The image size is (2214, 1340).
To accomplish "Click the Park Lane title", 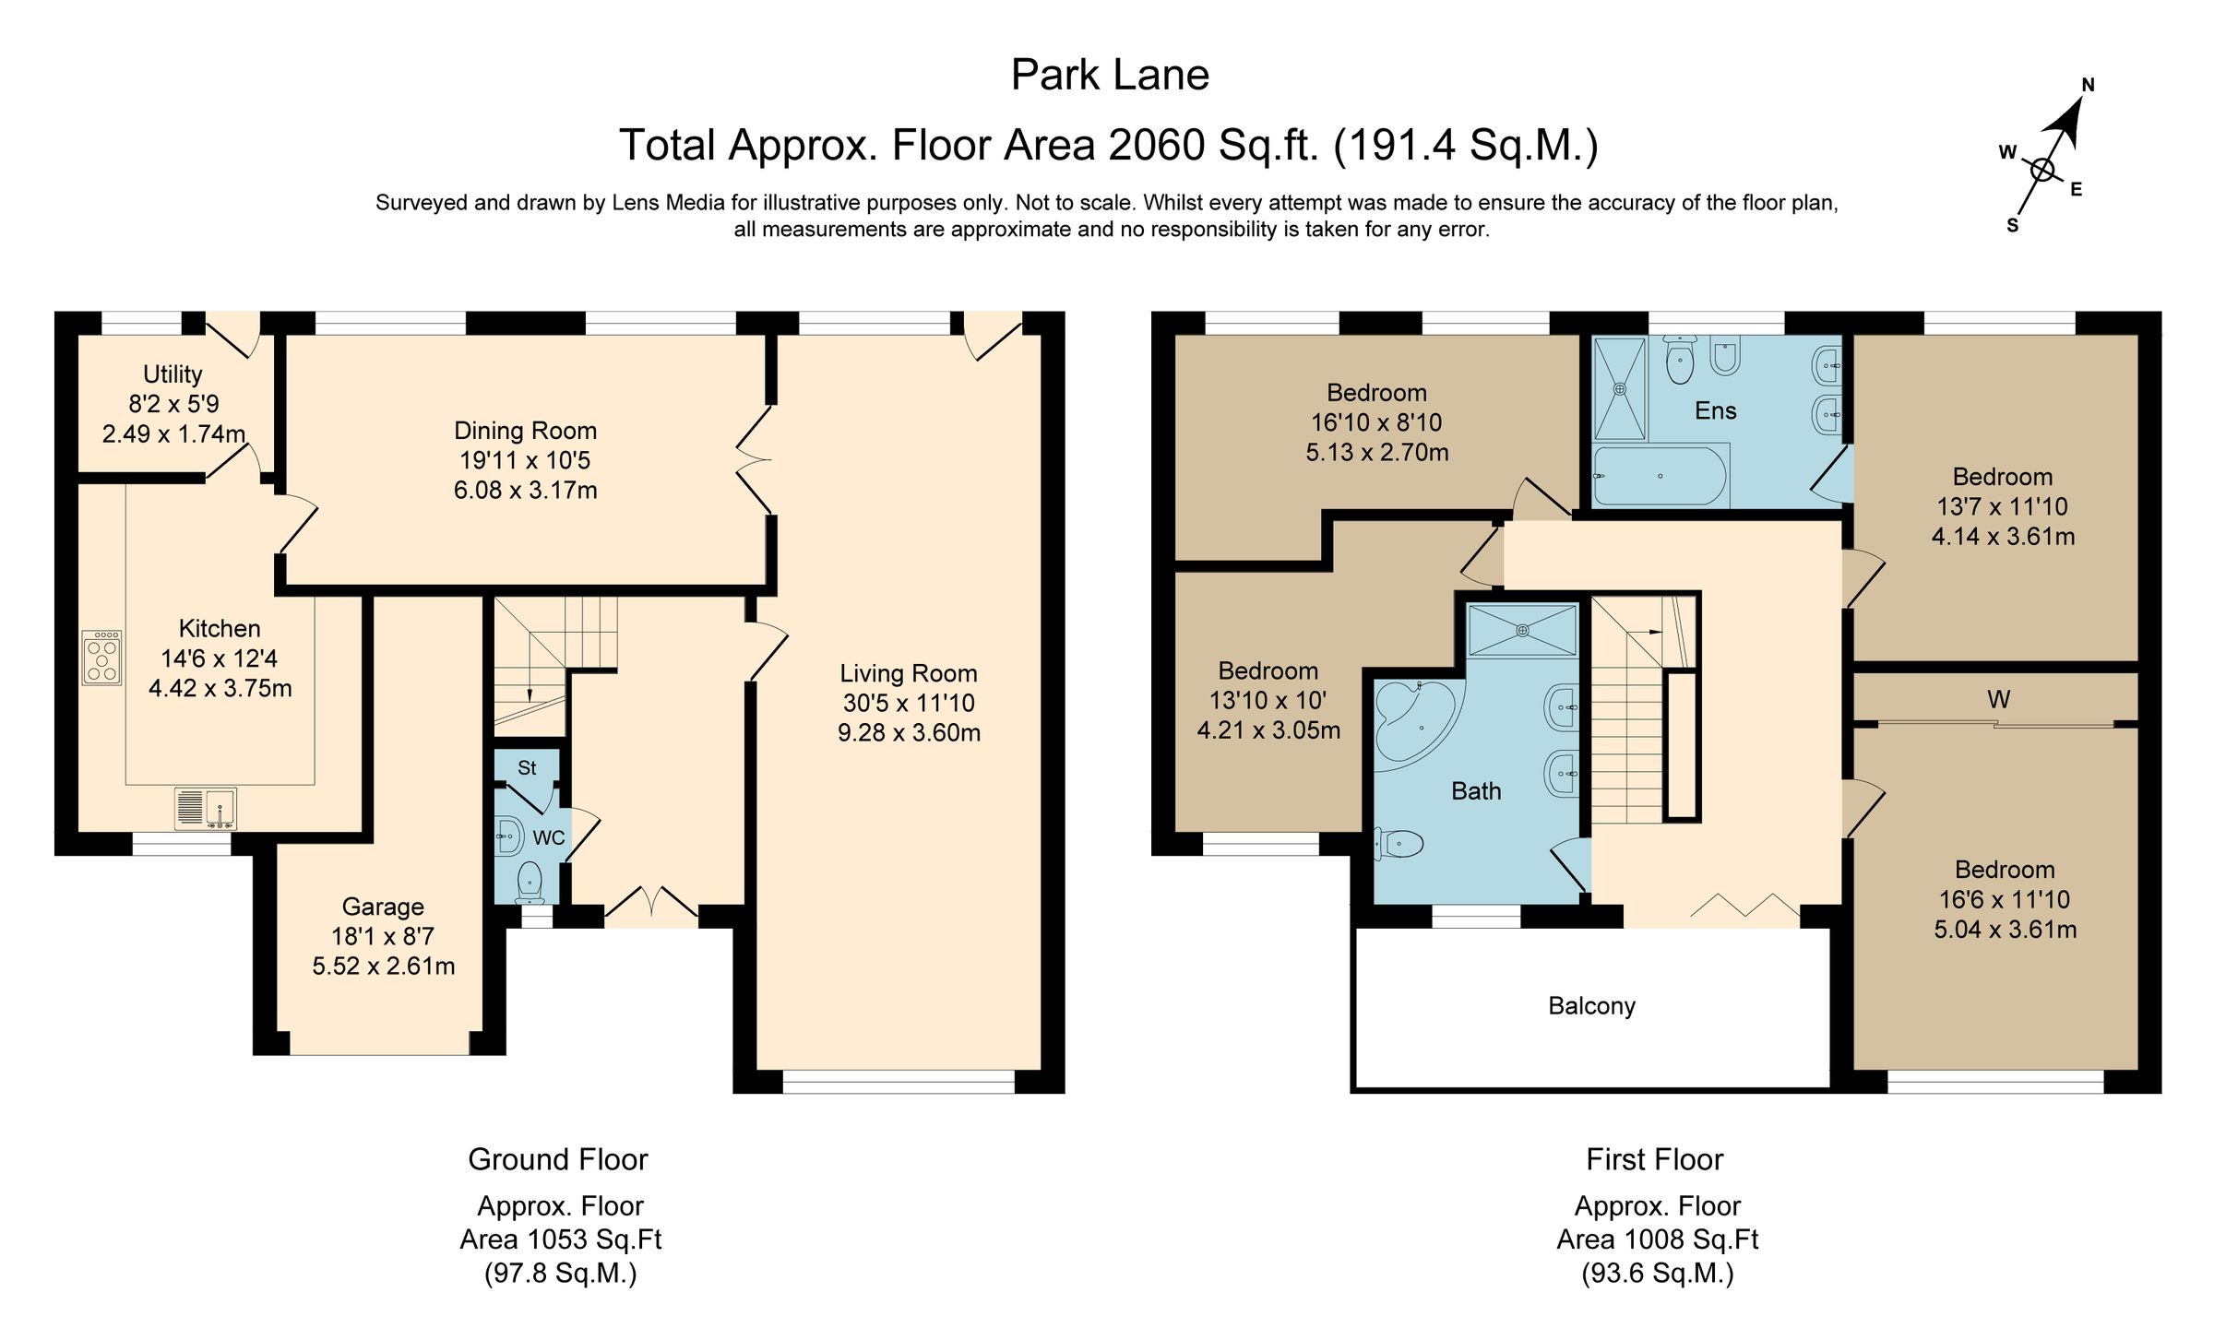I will click(x=1110, y=75).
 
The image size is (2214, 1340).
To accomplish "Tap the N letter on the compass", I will click(x=2089, y=86).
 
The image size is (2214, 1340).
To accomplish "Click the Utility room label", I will click(x=173, y=374).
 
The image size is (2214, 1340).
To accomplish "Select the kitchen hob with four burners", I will click(x=101, y=658).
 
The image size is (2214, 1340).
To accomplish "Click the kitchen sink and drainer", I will click(x=206, y=809).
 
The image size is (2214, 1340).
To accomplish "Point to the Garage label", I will click(x=383, y=907).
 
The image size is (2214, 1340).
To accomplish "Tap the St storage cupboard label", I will click(x=527, y=767).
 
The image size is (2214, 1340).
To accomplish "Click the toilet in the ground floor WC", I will click(x=530, y=880).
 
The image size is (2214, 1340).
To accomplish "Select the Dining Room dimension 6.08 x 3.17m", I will click(x=525, y=490).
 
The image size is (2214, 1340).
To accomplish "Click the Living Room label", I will click(x=908, y=673).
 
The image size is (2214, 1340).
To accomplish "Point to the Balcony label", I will click(x=1591, y=1006).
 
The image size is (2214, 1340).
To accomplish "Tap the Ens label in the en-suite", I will click(x=1715, y=410).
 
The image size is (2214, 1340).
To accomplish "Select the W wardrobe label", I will click(x=1998, y=700).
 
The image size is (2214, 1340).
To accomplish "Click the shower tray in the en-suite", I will click(x=1620, y=388).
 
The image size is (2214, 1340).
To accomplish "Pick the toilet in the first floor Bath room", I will click(x=1400, y=843).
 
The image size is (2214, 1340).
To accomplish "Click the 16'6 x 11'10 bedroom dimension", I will click(x=2005, y=899).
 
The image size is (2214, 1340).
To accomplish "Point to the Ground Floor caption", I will click(x=557, y=1159).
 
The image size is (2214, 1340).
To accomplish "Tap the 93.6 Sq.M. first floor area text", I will click(x=1657, y=1274).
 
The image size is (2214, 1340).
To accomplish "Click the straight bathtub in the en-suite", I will click(x=1660, y=476).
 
